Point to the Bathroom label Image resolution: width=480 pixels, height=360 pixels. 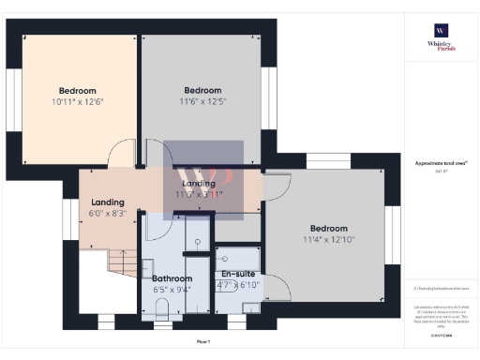(172, 278)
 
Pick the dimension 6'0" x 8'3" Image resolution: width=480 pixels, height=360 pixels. (108, 213)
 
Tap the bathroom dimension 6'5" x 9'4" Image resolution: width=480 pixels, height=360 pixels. (172, 290)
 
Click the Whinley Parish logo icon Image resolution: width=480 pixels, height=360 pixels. (440, 29)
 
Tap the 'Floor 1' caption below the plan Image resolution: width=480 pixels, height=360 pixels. (203, 341)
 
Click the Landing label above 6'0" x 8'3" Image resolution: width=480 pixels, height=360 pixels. (108, 202)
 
